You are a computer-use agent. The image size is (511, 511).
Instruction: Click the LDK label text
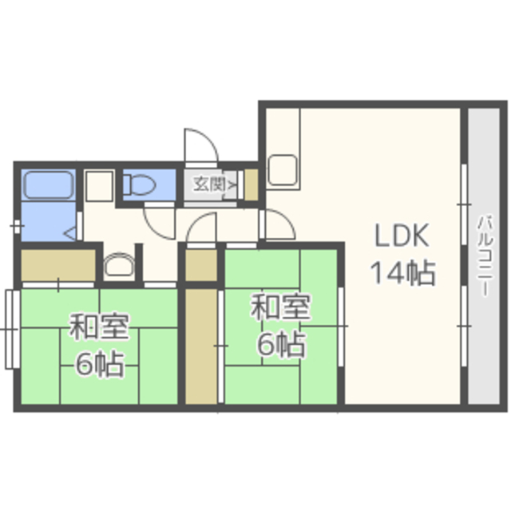[x=402, y=236]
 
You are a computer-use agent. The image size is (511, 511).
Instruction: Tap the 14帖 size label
[x=403, y=273]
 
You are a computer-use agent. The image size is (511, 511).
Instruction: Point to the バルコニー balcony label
[x=485, y=256]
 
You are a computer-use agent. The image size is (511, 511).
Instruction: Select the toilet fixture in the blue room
[x=139, y=184]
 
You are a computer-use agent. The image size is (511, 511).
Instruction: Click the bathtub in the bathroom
[x=49, y=184]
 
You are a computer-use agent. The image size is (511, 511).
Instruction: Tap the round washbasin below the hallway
[x=119, y=264]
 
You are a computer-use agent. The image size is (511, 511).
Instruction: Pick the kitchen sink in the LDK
[x=283, y=170]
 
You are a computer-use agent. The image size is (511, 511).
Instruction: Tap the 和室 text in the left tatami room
[x=99, y=327]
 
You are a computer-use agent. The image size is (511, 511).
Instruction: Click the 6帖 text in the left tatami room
[x=100, y=364]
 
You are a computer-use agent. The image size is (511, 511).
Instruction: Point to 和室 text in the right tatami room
[x=280, y=307]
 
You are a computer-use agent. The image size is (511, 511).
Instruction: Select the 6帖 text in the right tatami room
[x=281, y=344]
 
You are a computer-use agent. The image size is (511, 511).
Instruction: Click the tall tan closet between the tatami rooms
[x=201, y=347]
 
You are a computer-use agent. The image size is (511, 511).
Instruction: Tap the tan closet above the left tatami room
[x=58, y=264]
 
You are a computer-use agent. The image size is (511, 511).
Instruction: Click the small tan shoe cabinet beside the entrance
[x=252, y=184]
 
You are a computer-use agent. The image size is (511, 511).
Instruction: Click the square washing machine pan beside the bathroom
[x=99, y=186]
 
